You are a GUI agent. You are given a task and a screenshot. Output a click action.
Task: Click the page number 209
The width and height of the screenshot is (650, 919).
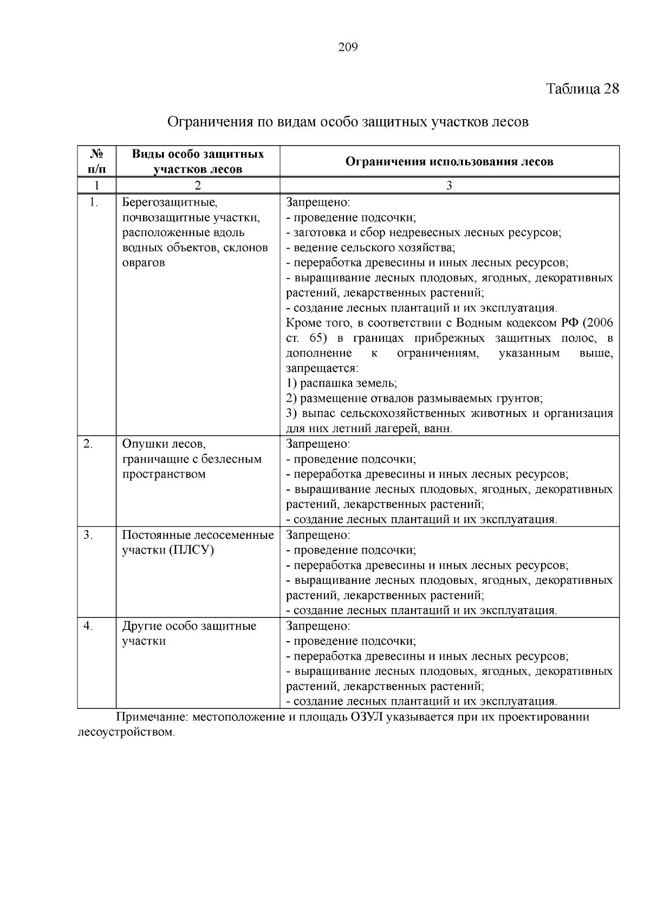(x=348, y=48)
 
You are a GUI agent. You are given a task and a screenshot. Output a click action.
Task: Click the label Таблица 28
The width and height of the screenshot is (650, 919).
(x=582, y=89)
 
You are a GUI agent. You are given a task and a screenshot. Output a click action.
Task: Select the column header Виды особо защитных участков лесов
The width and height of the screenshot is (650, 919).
(x=198, y=161)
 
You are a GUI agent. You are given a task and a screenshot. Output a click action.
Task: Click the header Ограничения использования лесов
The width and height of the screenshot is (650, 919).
(x=449, y=161)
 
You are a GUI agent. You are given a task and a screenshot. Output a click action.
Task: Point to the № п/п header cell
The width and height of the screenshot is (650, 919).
(x=96, y=161)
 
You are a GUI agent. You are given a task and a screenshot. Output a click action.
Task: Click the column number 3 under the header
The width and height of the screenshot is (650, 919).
(x=449, y=186)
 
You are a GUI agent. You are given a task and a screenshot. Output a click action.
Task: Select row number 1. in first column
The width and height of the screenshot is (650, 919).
(x=94, y=203)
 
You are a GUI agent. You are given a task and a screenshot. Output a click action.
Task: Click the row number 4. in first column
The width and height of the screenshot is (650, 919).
(x=88, y=626)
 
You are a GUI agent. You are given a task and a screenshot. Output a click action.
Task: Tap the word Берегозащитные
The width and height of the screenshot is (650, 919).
(x=170, y=203)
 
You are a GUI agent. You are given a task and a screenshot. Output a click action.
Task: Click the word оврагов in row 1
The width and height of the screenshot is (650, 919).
(x=144, y=263)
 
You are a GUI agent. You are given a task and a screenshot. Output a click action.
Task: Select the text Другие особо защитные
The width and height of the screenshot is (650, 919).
(x=189, y=626)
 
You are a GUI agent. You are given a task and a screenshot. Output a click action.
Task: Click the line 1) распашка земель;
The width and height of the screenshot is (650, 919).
(x=341, y=383)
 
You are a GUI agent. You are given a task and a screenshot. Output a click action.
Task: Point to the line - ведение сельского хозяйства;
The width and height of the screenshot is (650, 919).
(x=370, y=248)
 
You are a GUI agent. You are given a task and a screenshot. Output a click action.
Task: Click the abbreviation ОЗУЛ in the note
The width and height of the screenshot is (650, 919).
(x=367, y=718)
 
